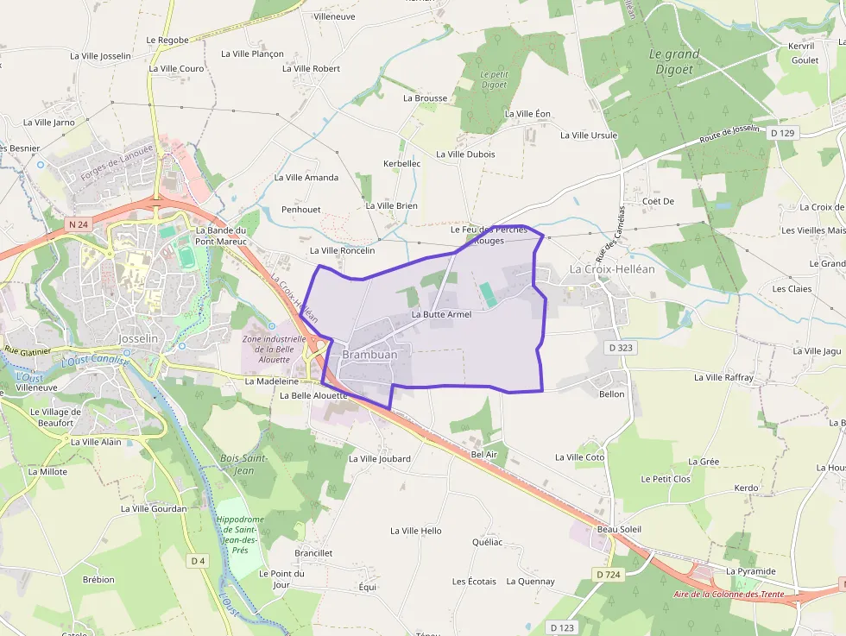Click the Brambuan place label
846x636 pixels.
point(369,355)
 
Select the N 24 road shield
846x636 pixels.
point(78,224)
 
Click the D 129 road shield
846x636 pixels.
point(783,133)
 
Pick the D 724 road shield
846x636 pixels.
point(609,574)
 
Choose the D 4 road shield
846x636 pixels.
point(198,561)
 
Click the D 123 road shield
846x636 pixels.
point(562,627)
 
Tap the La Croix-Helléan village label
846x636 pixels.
point(612,269)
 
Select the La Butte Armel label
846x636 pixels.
point(441,314)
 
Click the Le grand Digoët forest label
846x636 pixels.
point(674,60)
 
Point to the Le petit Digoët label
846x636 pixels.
point(495,79)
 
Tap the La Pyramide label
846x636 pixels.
point(750,571)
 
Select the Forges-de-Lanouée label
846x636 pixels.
point(117,162)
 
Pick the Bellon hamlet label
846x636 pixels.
point(611,394)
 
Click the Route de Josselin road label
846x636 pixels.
point(729,136)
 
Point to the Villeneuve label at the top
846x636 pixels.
point(335,16)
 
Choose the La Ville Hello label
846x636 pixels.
point(416,531)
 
